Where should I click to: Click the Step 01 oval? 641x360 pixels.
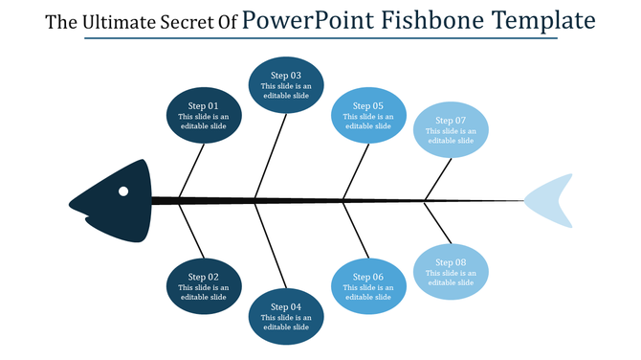click(x=205, y=116)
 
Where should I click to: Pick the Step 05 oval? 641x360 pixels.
click(x=368, y=115)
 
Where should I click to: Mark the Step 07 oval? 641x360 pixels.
click(x=451, y=129)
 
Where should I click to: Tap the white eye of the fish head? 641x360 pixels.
click(x=123, y=191)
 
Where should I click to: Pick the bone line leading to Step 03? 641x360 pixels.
click(x=272, y=155)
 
